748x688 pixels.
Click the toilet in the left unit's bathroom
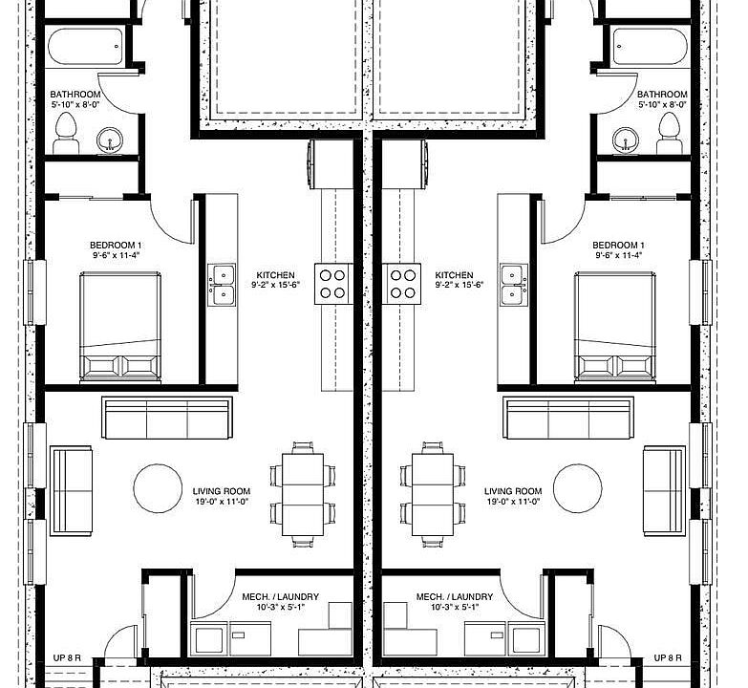coord(66,133)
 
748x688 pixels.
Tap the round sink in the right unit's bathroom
coord(626,140)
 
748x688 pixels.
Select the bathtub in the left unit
coord(86,47)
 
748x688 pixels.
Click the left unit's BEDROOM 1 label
coord(116,246)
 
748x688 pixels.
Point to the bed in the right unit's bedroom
coord(614,327)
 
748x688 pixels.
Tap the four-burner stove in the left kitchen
coord(332,284)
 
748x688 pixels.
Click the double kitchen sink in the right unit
coord(514,285)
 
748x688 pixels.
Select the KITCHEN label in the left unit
coord(276,275)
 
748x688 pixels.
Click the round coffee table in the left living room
coord(158,488)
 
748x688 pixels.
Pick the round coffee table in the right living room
coord(578,488)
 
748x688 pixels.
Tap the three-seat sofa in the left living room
coord(167,418)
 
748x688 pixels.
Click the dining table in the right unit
coord(433,494)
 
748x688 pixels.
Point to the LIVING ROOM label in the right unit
coord(513,491)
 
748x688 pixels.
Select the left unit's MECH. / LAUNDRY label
coord(281,596)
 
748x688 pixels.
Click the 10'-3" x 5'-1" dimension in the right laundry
coord(455,608)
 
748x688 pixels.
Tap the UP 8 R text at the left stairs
coord(67,658)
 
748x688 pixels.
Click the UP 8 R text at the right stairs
coord(668,658)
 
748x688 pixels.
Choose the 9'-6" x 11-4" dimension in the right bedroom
coord(619,255)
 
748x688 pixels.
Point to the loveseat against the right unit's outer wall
coord(664,490)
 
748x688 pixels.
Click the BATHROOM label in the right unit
coord(662,94)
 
